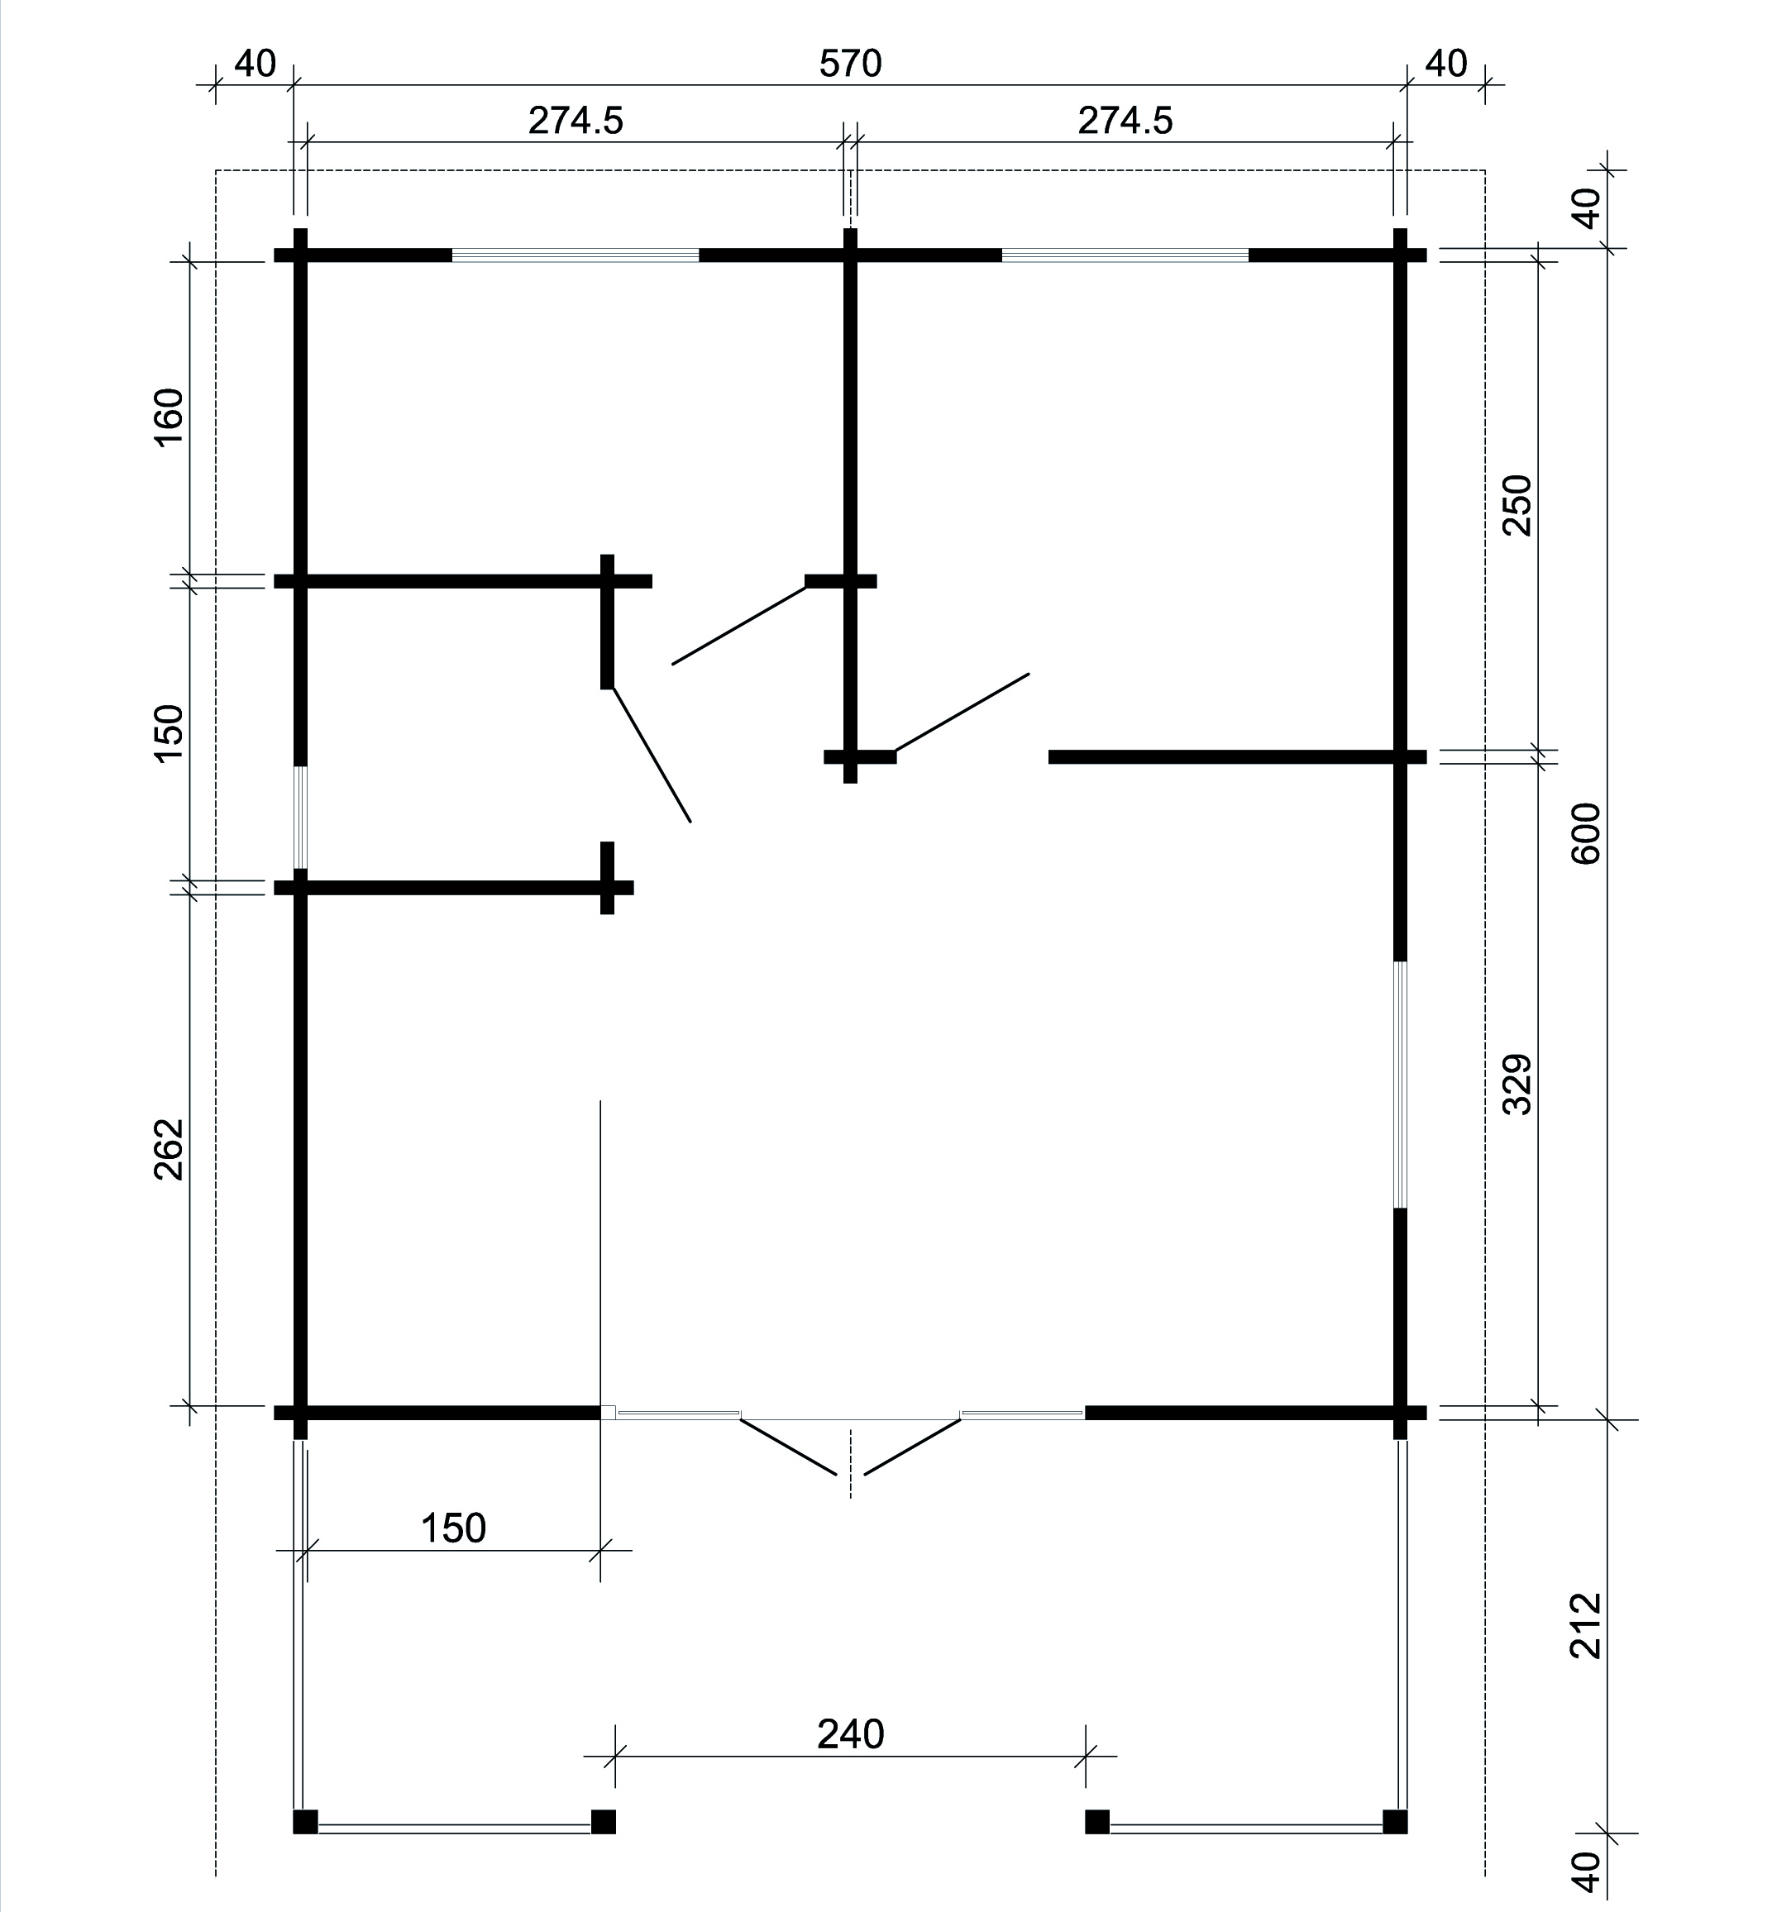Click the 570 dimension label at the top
(x=851, y=64)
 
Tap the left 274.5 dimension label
(x=576, y=121)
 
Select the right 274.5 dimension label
(x=1125, y=121)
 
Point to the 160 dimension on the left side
(x=169, y=417)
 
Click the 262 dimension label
(x=169, y=1148)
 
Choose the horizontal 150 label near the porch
(x=454, y=1528)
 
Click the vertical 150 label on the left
(x=169, y=733)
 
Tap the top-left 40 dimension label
(x=255, y=64)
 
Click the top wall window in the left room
(x=576, y=255)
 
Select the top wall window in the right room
(x=1125, y=255)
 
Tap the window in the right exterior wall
(x=1400, y=1084)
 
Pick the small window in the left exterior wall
(x=300, y=818)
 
